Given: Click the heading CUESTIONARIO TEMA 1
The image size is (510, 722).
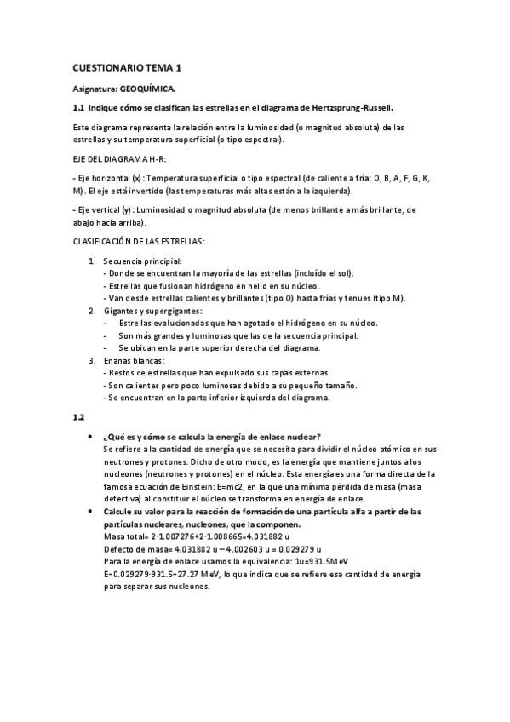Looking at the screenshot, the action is tap(127, 67).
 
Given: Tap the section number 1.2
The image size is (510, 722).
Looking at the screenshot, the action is tap(78, 417).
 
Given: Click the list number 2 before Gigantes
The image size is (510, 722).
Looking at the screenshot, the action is tap(92, 311).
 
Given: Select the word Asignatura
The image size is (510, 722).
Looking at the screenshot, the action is tap(95, 88).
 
